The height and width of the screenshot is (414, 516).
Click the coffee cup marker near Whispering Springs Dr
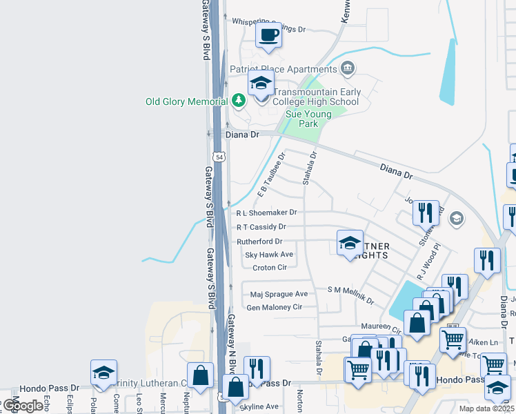click(x=268, y=34)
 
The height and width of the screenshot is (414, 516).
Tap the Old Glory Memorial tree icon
click(x=239, y=101)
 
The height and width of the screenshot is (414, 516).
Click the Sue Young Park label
click(x=308, y=119)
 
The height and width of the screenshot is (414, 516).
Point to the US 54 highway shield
click(x=219, y=157)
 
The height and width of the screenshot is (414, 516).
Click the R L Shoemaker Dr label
click(x=266, y=213)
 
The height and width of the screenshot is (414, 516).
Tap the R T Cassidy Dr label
click(x=261, y=226)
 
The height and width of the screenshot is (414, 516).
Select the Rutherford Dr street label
click(x=259, y=241)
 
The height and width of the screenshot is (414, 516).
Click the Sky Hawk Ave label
click(x=269, y=255)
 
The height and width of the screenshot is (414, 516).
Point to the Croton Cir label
click(x=269, y=267)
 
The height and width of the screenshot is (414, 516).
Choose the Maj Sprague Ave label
click(x=279, y=294)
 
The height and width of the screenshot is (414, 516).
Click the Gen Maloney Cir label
click(x=275, y=307)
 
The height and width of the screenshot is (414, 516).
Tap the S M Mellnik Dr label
click(x=350, y=295)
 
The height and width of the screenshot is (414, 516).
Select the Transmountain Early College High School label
click(x=316, y=97)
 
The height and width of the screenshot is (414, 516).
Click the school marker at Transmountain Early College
click(x=261, y=84)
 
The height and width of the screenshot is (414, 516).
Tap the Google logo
click(x=22, y=406)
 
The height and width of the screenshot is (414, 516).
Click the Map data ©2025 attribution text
click(x=486, y=408)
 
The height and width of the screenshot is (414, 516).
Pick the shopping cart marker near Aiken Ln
click(x=453, y=338)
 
